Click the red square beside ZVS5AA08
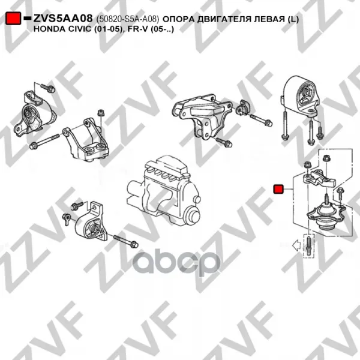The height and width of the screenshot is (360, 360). coord(13,18)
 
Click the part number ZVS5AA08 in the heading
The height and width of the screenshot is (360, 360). coord(63,19)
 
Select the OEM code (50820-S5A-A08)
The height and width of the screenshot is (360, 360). coord(128,19)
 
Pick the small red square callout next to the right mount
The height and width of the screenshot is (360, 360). coord(278,189)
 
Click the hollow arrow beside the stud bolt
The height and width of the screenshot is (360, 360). coord(296,245)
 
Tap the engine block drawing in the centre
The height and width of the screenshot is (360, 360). coord(163,190)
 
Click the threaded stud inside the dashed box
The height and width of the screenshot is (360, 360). coord(309,246)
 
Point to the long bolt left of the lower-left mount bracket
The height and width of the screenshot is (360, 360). coord(44,140)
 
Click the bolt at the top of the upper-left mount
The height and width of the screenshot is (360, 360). coord(48,88)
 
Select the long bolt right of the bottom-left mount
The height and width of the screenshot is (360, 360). coord(126,241)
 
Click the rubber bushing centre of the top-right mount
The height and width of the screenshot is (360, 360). coord(305,92)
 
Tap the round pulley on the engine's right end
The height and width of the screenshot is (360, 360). coord(193,216)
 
